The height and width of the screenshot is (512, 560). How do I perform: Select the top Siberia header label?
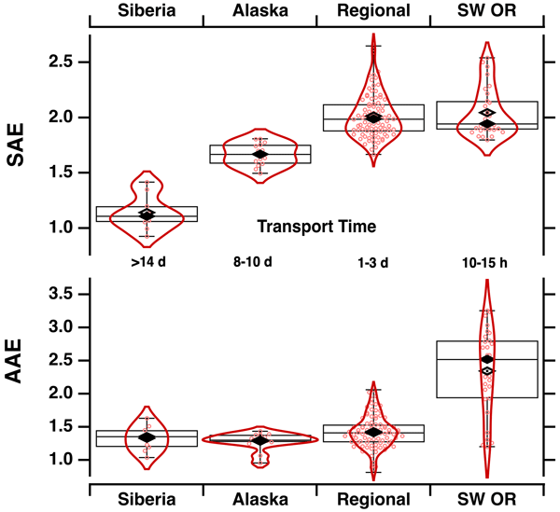(x=147, y=12)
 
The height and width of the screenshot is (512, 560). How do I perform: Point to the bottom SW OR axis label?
(x=485, y=498)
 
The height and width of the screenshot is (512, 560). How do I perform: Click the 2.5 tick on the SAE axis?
(x=63, y=62)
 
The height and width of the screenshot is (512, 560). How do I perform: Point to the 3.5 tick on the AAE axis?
(x=63, y=294)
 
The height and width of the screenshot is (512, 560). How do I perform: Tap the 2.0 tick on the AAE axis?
(x=63, y=394)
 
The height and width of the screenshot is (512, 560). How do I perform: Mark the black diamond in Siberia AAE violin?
(x=147, y=436)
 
